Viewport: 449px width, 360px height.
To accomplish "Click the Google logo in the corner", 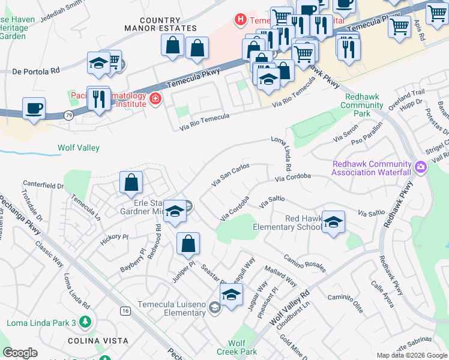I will point(20,353).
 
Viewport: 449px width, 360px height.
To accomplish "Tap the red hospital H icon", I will point(241,20).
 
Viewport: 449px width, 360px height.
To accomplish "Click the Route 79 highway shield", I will point(70,115).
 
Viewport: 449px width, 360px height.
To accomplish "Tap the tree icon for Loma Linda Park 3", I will point(86,323).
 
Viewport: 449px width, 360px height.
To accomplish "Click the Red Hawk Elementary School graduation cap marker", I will point(333,223).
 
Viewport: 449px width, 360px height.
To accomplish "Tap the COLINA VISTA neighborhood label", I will point(103,341).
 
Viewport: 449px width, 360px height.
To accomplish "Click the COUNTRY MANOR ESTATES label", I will point(160,24).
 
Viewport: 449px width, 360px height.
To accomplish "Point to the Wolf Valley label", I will point(79,148).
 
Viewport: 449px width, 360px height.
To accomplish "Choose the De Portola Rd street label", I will point(36,71).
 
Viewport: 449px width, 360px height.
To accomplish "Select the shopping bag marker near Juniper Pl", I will point(188,244).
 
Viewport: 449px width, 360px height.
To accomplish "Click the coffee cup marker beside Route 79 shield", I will point(34,109).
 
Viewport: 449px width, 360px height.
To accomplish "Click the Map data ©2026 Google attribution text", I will point(412,355).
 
